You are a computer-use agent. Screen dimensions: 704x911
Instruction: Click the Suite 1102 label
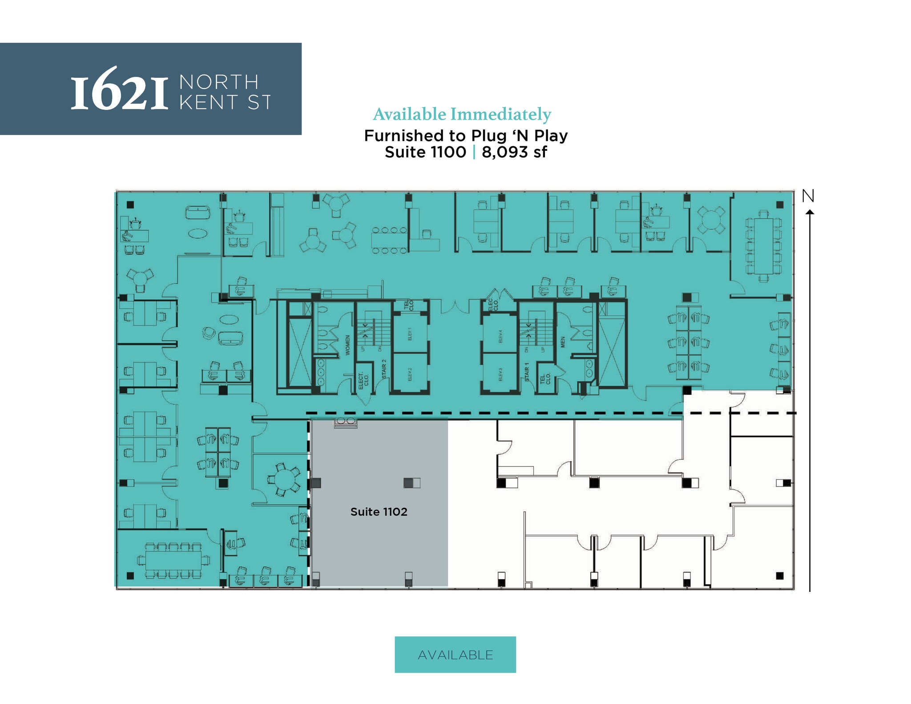tap(379, 512)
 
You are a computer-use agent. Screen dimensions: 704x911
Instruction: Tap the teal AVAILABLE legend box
tap(455, 655)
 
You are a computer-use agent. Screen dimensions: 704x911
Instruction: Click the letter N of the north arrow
tap(808, 196)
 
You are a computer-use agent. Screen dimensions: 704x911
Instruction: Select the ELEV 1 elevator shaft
tap(410, 334)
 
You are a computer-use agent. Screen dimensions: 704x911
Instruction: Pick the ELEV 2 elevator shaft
tap(410, 374)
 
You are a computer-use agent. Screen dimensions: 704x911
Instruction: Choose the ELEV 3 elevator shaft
tap(500, 374)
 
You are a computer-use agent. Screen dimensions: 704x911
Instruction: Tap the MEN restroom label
tap(563, 342)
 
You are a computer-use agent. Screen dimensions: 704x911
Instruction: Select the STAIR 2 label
tap(384, 369)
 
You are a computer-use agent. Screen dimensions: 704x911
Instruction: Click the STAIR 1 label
tap(527, 372)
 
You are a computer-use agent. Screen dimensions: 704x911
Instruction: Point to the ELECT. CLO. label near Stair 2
tap(363, 381)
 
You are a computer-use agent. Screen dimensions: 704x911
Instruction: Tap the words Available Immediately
tap(462, 114)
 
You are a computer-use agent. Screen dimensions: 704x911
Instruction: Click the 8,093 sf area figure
tap(514, 152)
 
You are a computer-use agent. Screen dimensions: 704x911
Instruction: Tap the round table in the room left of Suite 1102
tap(283, 479)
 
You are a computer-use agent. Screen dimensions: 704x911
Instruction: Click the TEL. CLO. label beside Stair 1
tap(544, 378)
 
